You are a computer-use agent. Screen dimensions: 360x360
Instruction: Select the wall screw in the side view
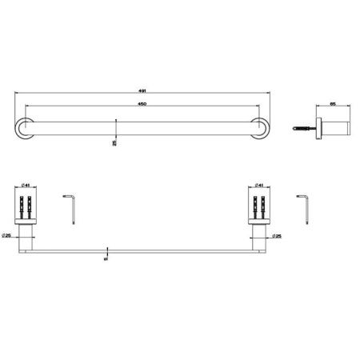point(301,126)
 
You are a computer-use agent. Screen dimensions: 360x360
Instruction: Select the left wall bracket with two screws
point(26,206)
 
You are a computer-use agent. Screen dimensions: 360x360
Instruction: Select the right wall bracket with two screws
point(261,206)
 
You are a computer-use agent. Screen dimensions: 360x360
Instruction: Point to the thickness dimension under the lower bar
point(106,258)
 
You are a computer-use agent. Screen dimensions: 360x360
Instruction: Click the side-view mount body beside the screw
point(326,126)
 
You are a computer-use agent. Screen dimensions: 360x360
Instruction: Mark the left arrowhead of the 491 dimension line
point(17,94)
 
